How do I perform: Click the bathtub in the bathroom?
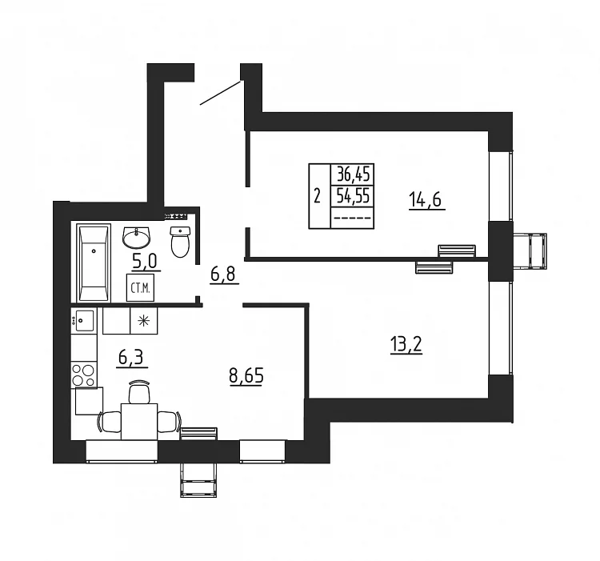point(94,263)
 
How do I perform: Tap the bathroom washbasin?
point(137,237)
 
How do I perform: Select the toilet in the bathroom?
point(180,242)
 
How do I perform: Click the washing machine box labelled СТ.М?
point(141,287)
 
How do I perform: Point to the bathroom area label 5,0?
point(144,262)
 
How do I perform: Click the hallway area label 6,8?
point(224,274)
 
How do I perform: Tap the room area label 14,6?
point(425,200)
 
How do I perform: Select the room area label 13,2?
point(406,344)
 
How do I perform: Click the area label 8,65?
point(246,375)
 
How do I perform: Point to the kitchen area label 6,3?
point(131,359)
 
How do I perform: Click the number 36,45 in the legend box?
point(353,174)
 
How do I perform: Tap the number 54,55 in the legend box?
point(353,196)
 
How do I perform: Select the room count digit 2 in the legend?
point(317,197)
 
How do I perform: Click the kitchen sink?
point(84,320)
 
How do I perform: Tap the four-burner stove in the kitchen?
point(84,375)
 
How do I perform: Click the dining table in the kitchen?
point(139,421)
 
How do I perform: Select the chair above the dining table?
point(138,392)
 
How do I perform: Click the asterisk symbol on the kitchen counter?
point(144,321)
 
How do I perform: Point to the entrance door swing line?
point(220,93)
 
